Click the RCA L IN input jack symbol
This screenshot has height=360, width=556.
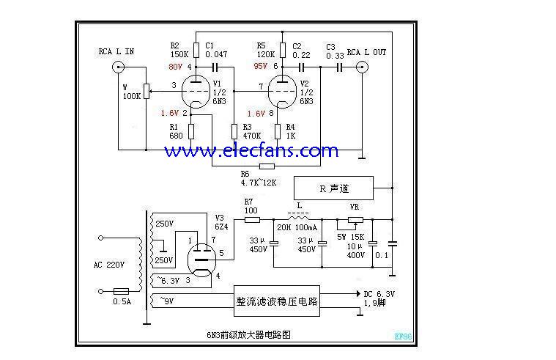point(117,67)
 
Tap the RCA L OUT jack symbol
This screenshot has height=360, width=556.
point(362,67)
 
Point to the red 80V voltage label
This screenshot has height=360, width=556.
point(175,67)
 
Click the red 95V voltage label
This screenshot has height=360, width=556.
point(260,67)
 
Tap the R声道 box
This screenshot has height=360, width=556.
point(333,188)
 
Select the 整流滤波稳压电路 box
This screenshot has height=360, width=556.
point(276,301)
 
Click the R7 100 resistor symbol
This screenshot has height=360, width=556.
point(251,218)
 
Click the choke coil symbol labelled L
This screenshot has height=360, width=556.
point(297,218)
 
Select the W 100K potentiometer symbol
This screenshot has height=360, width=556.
point(147,91)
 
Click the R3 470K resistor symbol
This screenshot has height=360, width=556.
point(234,132)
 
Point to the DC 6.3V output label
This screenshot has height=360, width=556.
point(379,295)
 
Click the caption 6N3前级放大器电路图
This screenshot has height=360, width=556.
point(248,334)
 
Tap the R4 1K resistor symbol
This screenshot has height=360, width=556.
point(279,132)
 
